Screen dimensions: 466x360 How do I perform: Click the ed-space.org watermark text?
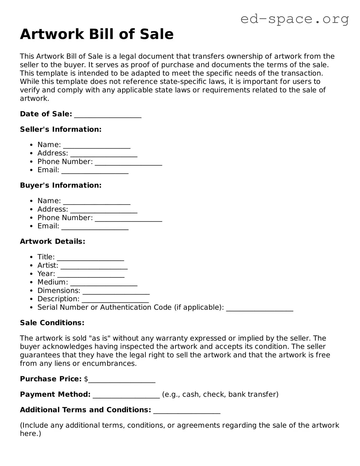(294, 19)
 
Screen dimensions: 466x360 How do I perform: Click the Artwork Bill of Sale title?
(97, 34)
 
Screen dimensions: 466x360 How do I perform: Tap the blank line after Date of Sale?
(108, 115)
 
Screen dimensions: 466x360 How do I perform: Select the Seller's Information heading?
(61, 129)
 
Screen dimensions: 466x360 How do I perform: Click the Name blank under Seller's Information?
(97, 145)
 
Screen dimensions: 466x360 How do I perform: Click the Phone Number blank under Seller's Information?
(128, 162)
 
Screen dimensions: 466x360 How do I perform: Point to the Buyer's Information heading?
(61, 185)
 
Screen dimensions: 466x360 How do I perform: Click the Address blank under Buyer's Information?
(104, 210)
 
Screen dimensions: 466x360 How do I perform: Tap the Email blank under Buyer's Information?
(95, 227)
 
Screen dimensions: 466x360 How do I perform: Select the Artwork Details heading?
(52, 241)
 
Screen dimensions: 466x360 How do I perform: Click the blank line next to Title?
(90, 258)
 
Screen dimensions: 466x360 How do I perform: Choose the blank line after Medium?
(104, 283)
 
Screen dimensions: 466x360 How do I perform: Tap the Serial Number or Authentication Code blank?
(259, 308)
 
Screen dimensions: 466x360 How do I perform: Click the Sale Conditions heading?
(52, 323)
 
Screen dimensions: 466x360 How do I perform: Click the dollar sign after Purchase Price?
(86, 379)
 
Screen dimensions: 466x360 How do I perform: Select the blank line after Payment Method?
(126, 395)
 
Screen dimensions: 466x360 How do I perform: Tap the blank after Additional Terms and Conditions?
(187, 410)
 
